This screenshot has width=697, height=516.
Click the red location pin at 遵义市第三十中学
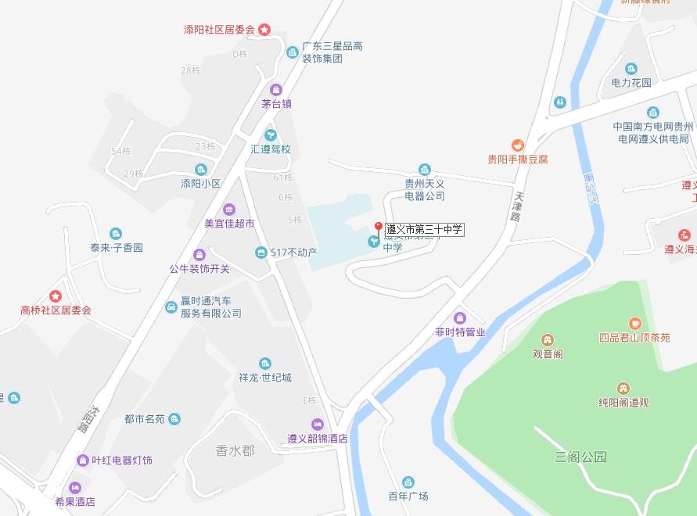pos(378,228)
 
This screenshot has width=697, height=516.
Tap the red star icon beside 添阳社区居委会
pos(264,30)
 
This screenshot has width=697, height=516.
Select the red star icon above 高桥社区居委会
pos(56,296)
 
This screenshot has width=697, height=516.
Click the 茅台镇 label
pos(276,103)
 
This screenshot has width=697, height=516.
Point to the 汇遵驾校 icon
pos(271,134)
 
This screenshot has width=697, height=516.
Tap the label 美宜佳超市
pos(229,223)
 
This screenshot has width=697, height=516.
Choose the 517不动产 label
pos(293,253)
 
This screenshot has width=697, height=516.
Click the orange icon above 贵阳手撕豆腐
pos(517,145)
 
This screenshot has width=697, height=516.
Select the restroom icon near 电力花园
pos(559,102)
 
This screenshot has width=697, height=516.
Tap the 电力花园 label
pos(631,82)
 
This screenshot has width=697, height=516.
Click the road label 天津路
pos(517,204)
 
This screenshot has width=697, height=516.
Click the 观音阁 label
pos(548,353)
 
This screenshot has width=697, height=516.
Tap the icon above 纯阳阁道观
pos(623,389)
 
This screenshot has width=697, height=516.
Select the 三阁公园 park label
pos(580,457)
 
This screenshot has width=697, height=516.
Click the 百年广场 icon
pos(408,482)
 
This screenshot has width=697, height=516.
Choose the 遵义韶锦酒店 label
pos(317,439)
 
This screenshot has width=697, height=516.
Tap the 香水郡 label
pos(235,450)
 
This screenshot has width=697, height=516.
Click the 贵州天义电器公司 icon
pos(425,170)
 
